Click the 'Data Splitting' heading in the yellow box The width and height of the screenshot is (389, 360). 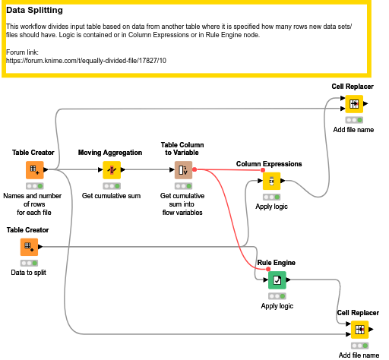[45, 11]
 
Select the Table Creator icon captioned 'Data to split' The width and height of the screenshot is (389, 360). [28, 247]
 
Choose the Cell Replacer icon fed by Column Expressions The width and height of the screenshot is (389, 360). [353, 104]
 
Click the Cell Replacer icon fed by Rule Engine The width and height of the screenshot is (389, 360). [359, 330]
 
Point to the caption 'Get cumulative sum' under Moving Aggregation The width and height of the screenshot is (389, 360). [112, 195]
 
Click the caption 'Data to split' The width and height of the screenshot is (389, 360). [29, 272]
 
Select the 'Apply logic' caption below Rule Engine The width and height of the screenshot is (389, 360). [277, 306]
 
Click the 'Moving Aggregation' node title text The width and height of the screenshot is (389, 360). [111, 153]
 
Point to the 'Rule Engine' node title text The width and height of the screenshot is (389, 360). [275, 264]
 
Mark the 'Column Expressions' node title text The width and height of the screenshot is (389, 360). [269, 164]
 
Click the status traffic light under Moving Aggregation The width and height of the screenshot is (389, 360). [112, 185]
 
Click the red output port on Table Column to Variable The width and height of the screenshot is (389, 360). [196, 169]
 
